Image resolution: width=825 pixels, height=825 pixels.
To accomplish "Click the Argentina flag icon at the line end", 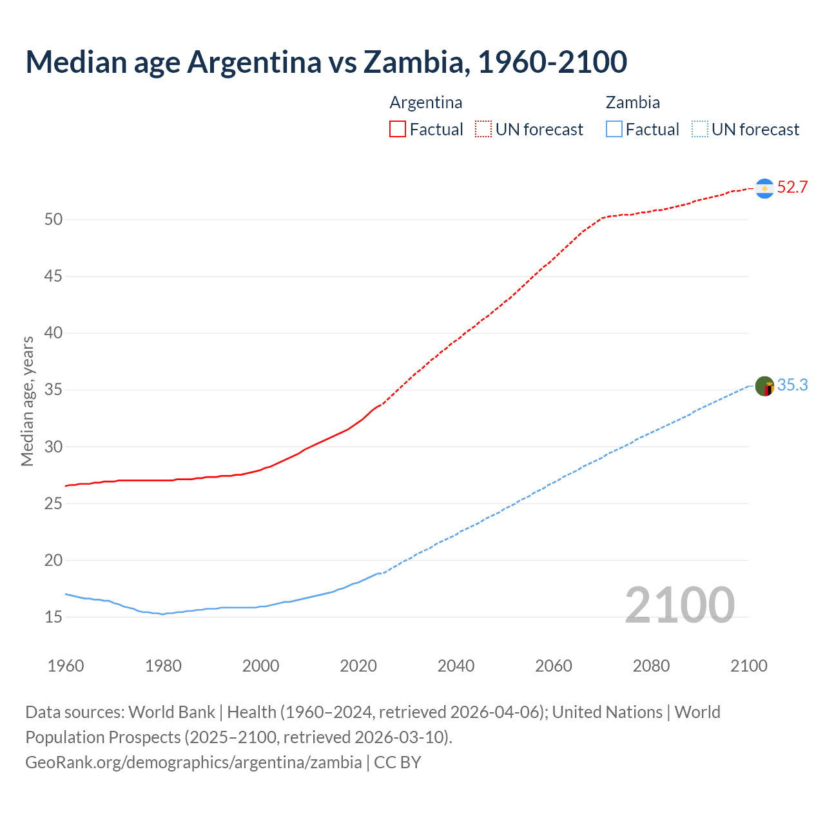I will (764, 188).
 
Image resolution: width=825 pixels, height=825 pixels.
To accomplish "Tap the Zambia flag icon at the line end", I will (764, 386).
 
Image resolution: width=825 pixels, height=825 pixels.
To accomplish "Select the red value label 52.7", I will (792, 188).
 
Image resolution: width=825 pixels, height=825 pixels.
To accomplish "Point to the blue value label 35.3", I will (792, 385).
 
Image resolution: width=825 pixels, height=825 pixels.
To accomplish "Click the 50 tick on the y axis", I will (53, 220).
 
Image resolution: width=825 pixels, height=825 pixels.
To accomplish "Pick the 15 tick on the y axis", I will (53, 617).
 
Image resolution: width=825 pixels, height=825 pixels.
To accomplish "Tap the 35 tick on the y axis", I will (53, 390).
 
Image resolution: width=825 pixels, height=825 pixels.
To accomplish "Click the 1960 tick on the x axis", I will (66, 666).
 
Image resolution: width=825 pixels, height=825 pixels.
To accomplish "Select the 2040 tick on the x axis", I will (456, 666).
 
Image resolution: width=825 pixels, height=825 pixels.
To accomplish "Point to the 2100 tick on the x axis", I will (749, 666).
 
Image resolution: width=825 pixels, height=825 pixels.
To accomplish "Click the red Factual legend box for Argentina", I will (398, 130).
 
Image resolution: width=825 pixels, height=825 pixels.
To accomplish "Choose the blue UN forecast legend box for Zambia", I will (700, 130).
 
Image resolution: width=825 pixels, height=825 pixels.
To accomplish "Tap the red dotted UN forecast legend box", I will (483, 130).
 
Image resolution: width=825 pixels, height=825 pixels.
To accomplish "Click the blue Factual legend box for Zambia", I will (614, 130).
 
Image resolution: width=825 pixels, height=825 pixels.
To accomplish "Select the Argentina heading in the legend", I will (426, 102).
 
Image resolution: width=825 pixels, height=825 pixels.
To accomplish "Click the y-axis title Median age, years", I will (27, 401).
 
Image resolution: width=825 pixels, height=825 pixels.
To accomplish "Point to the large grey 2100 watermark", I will (679, 605).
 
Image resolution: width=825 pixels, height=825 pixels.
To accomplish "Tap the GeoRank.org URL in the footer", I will (193, 762).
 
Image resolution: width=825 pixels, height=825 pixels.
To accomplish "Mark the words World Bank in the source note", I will (171, 712).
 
